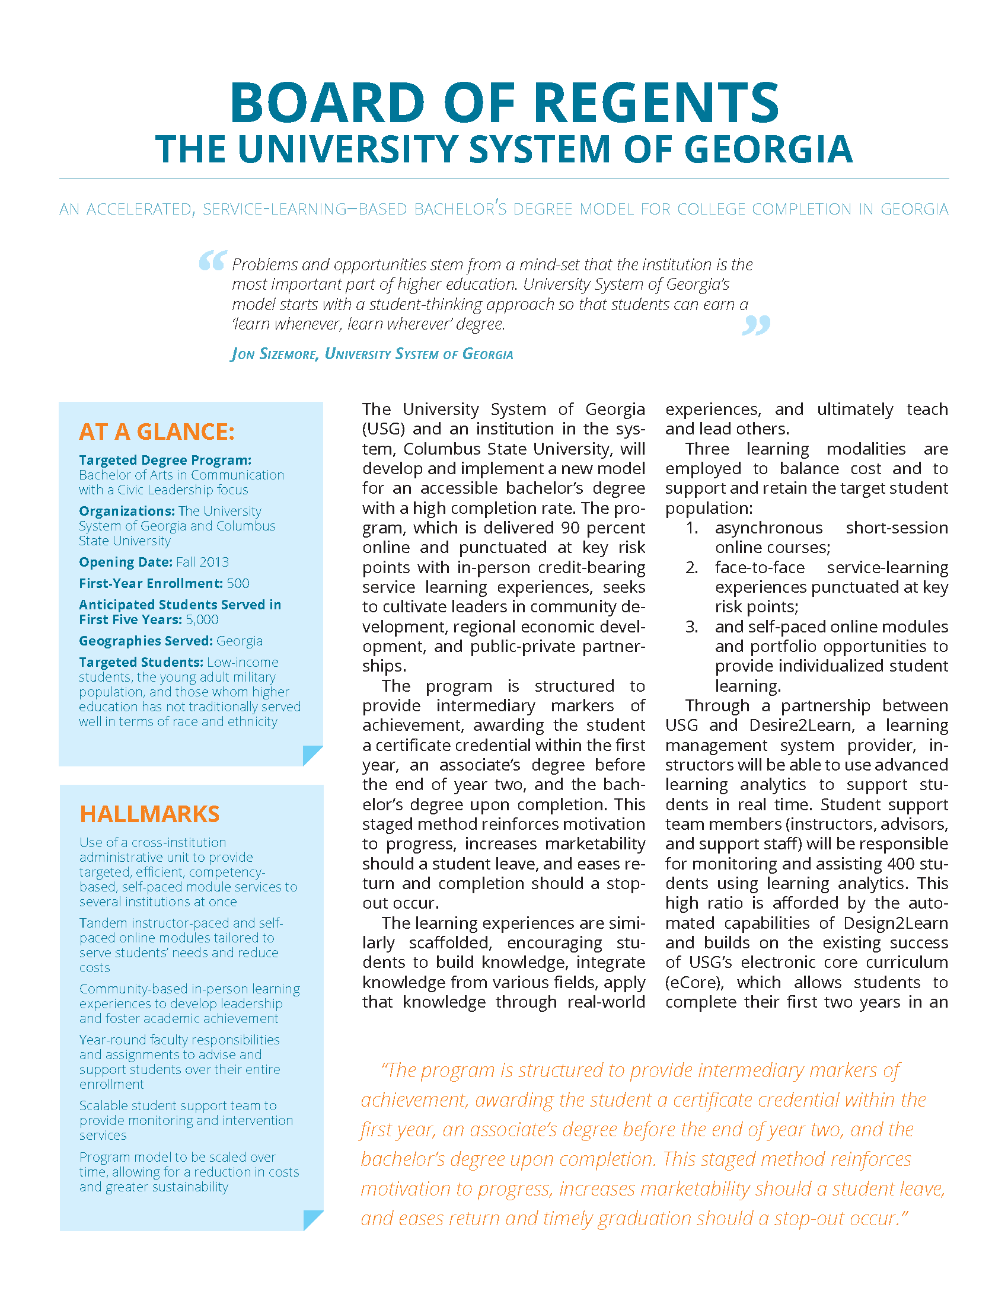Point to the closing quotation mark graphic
[x=756, y=325]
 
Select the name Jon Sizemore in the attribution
[x=273, y=354]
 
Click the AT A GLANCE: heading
[x=157, y=432]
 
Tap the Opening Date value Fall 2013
[x=202, y=562]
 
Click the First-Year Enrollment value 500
[x=238, y=583]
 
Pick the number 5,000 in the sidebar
[x=202, y=620]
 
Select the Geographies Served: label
[x=145, y=641]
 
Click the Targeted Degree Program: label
[x=165, y=460]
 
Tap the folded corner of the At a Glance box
[x=312, y=755]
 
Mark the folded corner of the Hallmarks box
[x=312, y=1219]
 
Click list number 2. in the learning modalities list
[x=691, y=567]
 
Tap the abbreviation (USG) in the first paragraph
[x=383, y=429]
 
